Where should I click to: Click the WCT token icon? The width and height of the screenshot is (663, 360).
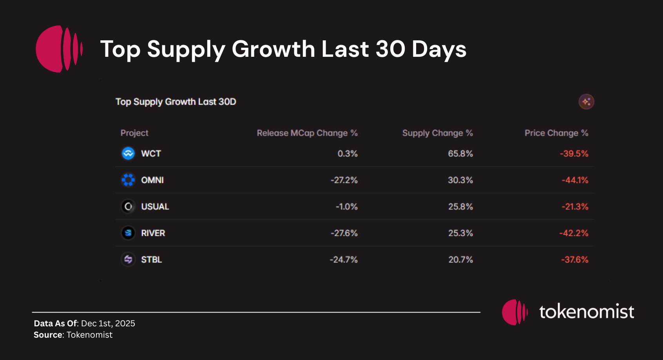coord(128,154)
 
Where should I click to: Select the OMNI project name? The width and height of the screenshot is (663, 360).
coord(152,180)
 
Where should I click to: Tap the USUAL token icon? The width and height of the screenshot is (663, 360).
coord(128,206)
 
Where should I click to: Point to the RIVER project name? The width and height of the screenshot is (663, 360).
coord(153,233)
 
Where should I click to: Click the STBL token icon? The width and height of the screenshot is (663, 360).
coord(128,259)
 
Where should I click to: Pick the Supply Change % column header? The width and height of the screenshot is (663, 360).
coord(437,133)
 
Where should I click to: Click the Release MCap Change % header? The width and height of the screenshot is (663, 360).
coord(307,133)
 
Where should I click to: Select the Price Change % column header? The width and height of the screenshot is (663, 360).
coord(556,133)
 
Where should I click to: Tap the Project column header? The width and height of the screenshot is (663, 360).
coord(134,133)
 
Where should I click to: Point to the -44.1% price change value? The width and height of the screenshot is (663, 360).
coord(575,180)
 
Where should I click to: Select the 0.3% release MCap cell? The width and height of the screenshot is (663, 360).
coord(348,154)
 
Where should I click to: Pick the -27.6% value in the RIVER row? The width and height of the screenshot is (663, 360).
coord(344,233)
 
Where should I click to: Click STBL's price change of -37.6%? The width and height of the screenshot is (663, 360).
coord(574,259)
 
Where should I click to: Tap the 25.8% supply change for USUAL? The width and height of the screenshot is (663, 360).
coord(460,206)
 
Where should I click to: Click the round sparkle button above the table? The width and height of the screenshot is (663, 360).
coord(586,102)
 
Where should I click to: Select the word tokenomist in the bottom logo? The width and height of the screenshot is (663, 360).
coord(586,312)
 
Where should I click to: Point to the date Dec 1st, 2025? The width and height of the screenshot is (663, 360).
coord(108,324)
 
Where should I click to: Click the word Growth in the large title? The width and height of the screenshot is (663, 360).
coord(273,49)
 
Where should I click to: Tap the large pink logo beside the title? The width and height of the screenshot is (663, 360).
coord(59,49)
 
